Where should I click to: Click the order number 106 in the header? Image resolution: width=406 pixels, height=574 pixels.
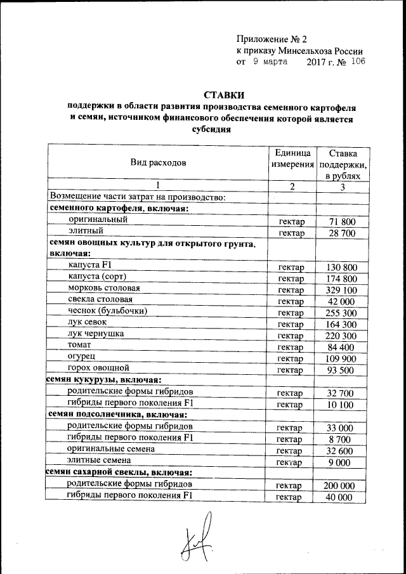tap(357, 62)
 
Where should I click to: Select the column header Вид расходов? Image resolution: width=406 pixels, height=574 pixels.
tap(158, 162)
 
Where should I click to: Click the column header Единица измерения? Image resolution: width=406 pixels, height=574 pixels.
tap(292, 159)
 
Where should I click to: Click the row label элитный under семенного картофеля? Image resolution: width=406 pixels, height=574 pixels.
tap(81, 232)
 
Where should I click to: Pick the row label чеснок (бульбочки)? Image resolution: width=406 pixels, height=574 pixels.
tap(107, 311)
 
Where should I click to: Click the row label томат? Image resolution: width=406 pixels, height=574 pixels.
tap(79, 345)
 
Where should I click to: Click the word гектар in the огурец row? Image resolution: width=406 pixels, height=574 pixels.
tap(292, 358)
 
